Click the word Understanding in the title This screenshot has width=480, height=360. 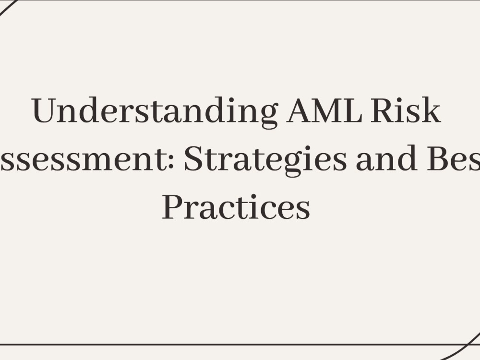[155, 112]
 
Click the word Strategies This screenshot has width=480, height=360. [265, 160]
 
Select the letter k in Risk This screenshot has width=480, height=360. [431, 111]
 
